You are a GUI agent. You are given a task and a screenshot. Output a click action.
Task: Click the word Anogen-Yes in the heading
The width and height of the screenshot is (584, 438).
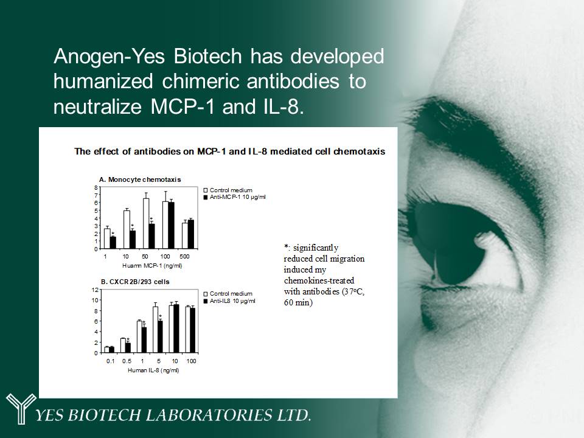pos(109,57)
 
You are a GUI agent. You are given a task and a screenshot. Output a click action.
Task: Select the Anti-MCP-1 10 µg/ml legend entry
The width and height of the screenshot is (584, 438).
pos(235,197)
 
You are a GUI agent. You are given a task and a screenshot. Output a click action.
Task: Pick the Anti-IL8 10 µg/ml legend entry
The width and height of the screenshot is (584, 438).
pos(229,301)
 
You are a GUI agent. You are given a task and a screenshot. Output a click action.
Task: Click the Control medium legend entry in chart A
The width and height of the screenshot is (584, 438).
pos(228,190)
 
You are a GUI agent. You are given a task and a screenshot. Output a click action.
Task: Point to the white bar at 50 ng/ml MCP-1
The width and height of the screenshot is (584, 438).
pos(146,223)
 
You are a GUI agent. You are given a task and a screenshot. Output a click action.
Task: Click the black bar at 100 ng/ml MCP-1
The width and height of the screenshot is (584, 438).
pos(172,225)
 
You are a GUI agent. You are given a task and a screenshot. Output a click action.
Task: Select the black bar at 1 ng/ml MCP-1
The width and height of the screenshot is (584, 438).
pos(113,243)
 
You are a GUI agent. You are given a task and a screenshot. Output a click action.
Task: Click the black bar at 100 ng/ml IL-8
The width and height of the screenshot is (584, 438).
pos(193,330)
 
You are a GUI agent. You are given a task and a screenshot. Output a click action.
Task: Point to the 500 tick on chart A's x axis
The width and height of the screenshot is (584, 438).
pos(184,256)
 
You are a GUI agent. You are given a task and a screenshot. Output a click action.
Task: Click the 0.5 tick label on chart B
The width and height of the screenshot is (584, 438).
pos(127,361)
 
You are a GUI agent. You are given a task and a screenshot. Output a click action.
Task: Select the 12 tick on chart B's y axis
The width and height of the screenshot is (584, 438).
pos(95,290)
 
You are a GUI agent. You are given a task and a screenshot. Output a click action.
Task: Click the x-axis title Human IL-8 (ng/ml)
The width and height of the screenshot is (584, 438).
pos(153,370)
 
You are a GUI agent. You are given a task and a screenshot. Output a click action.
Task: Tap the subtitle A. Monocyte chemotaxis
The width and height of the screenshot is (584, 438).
pos(140,179)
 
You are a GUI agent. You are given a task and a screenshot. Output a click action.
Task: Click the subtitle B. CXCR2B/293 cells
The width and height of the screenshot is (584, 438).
pos(135,282)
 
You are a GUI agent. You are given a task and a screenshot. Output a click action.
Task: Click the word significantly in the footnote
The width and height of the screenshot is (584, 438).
pos(316,248)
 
